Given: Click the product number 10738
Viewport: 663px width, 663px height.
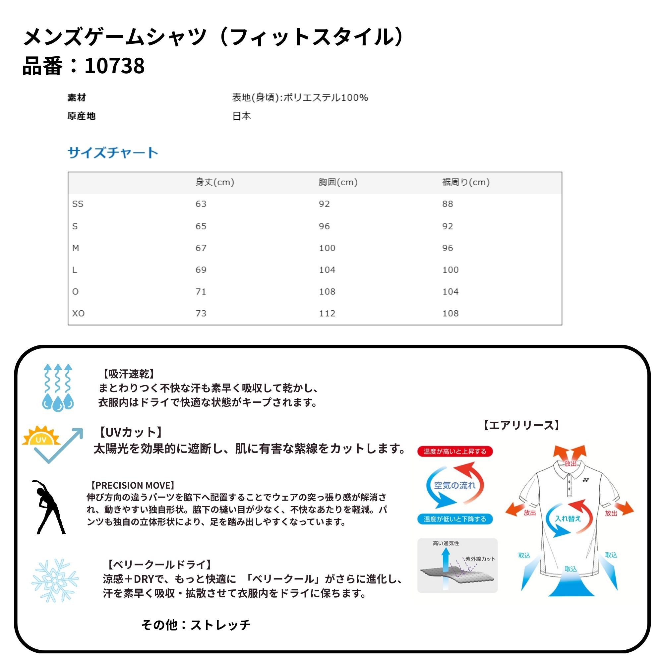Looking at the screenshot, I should coord(114,66).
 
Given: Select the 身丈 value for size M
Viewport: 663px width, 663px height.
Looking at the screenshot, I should coord(201,248).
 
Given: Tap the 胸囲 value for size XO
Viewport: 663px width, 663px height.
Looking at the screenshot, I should coord(327,313).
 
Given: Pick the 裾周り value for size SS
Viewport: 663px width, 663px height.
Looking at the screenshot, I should coord(448,204).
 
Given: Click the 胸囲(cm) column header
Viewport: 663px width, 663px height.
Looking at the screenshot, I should coord(338,182).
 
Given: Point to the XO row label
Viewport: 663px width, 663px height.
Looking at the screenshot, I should coord(78,313).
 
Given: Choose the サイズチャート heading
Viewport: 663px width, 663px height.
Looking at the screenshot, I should coord(113,153).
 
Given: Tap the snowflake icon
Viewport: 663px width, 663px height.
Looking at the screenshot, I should coord(55,580).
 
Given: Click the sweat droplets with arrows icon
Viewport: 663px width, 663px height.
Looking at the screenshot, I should coord(58,388).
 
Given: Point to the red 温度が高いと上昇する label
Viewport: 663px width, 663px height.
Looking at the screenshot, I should coord(455,451).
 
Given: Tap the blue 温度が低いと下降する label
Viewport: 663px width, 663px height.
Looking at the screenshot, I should coord(455,519).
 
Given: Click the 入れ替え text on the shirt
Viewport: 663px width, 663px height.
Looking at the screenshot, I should coord(568,518).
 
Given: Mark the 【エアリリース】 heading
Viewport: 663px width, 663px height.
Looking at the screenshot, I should coord(521,426).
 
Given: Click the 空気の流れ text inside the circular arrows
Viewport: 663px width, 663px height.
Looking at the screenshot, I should coord(455,485).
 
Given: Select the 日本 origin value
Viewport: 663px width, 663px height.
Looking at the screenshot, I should coord(242,116).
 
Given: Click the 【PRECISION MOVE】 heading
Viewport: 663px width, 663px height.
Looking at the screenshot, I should coord(132,485).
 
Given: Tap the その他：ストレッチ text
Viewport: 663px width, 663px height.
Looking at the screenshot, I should coord(196,625).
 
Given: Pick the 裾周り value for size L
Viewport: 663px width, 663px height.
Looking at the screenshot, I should coord(450,270).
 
